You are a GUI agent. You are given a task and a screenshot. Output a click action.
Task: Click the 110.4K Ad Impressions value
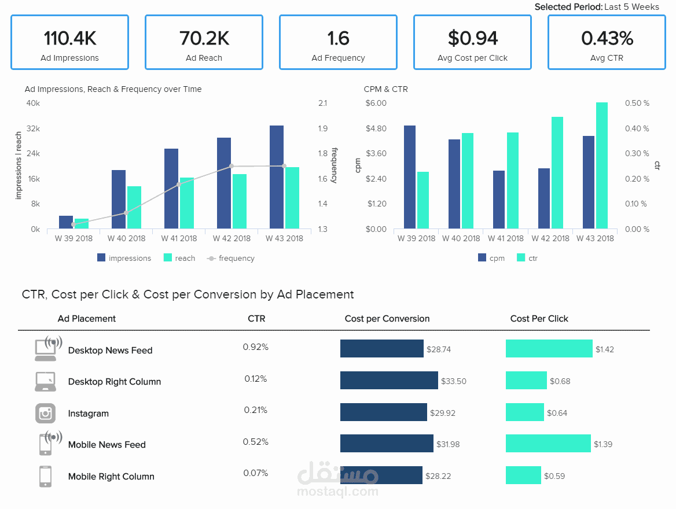(70, 38)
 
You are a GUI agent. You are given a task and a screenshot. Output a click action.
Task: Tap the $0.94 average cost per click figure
(472, 38)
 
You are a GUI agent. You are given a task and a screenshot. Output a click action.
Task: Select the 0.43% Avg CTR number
(607, 38)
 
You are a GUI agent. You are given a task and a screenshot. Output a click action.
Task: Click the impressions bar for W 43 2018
(276, 177)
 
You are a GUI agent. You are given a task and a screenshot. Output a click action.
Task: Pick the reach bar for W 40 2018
(134, 207)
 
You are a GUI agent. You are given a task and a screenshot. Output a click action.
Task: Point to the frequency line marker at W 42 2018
(232, 166)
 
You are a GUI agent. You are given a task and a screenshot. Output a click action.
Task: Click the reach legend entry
(179, 258)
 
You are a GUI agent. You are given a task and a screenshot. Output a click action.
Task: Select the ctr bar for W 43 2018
(602, 165)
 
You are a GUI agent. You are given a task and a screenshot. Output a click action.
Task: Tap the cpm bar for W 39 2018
(410, 177)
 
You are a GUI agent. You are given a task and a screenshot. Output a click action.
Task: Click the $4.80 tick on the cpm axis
(376, 128)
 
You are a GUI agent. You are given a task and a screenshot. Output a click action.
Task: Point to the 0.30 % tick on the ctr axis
(637, 153)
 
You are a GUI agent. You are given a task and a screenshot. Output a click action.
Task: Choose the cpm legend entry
(491, 258)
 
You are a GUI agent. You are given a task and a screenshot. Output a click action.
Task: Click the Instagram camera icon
(45, 414)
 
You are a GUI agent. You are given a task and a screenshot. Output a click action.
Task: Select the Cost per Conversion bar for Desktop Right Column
(389, 380)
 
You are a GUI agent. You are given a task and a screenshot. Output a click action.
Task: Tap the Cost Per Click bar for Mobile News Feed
(548, 443)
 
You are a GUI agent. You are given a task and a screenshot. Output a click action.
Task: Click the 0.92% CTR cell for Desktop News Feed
(256, 347)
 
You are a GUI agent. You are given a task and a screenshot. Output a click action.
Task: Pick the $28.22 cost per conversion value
(438, 476)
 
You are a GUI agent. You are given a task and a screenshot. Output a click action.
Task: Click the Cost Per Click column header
(539, 319)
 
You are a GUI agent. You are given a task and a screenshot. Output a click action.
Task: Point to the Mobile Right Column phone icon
(45, 476)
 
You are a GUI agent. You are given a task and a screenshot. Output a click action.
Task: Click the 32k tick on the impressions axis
(33, 128)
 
